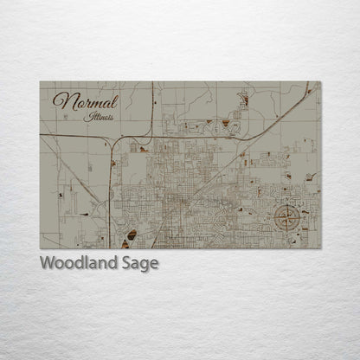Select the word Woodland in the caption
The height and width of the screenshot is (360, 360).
(76, 263)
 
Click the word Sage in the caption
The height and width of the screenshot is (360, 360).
(138, 264)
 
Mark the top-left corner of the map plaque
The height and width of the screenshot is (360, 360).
(41, 82)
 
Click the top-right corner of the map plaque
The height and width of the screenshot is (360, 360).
(320, 82)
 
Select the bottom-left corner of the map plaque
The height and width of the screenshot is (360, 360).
(41, 248)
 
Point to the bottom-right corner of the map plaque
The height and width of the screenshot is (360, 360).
(320, 248)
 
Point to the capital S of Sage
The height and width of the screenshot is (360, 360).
(121, 263)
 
